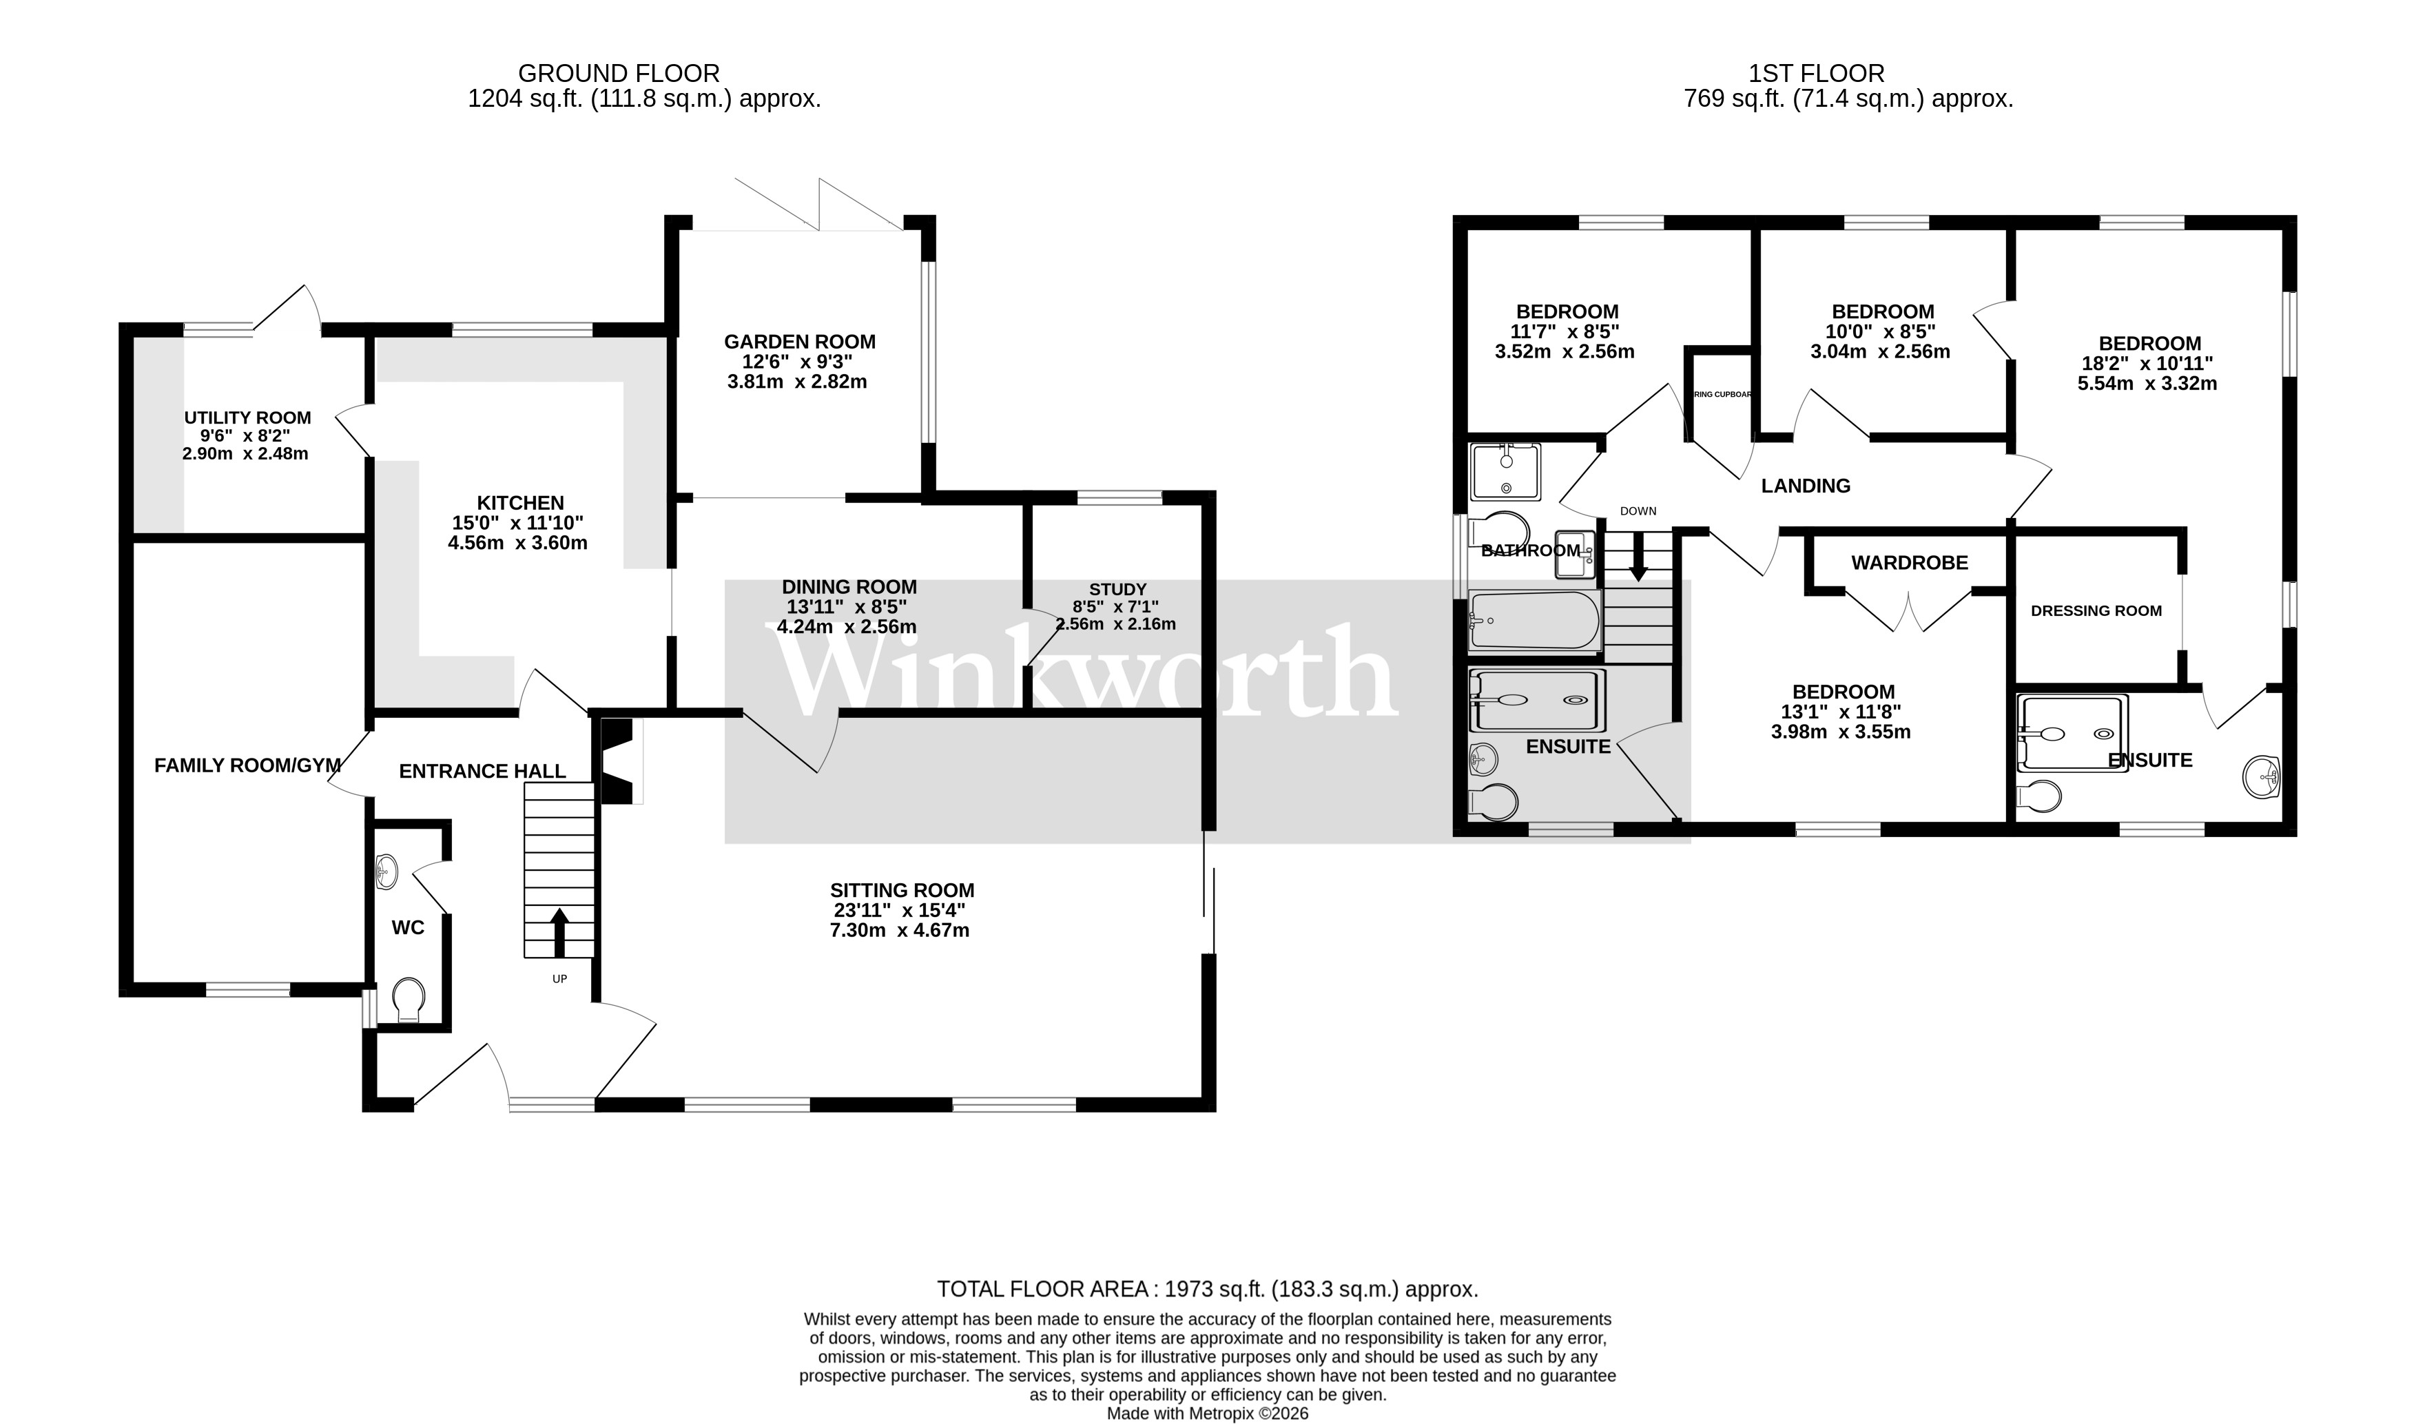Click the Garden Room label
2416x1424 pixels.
coord(799,342)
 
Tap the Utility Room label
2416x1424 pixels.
coord(247,417)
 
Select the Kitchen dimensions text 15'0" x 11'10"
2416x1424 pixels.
coord(517,523)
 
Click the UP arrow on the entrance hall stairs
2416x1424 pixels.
coord(559,931)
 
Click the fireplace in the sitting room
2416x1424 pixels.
coord(617,761)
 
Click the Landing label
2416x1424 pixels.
coord(1805,486)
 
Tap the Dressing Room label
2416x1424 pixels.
coord(2096,610)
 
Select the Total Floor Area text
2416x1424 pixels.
coord(1207,1289)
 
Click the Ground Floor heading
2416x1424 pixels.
coord(618,74)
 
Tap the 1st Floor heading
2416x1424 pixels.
coord(1815,74)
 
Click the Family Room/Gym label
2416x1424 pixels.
coord(247,765)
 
